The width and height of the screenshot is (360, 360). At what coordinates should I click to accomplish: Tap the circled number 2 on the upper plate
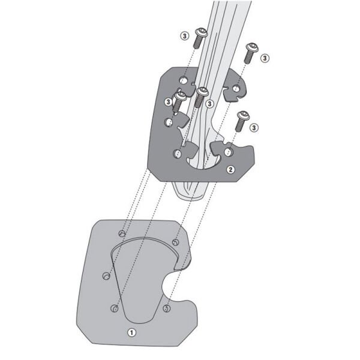[x=230, y=170]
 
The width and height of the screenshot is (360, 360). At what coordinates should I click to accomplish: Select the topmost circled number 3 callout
[x=185, y=36]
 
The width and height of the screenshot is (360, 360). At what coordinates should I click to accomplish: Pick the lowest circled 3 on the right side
[x=254, y=127]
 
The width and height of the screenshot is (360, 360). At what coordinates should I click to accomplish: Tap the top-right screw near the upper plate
[x=250, y=52]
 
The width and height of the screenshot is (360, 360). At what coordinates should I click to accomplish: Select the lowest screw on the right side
[x=241, y=120]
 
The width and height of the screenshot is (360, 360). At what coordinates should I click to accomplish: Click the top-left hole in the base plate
[x=122, y=232]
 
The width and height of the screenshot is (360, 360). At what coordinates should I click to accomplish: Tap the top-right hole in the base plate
[x=175, y=242]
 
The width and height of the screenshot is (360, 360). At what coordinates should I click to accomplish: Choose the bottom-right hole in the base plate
[x=167, y=309]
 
